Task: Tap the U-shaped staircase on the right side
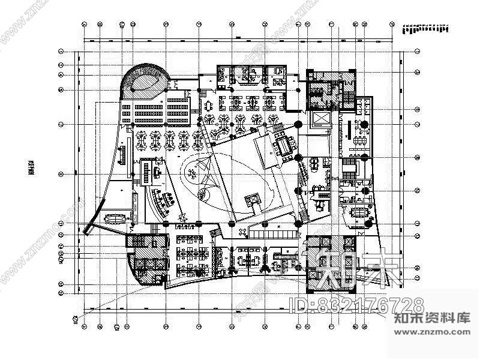pos(350,170)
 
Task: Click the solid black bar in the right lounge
pos(347,130)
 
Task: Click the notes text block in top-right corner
pos(425,28)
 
